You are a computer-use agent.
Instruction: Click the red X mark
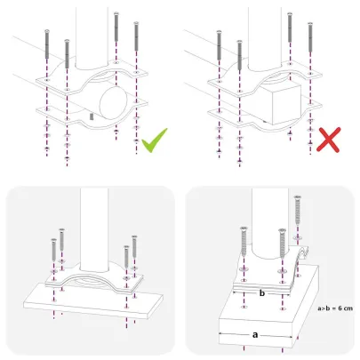(x=332, y=140)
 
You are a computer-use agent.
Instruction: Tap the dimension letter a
(x=256, y=333)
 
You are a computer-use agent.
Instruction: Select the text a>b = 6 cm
(x=334, y=309)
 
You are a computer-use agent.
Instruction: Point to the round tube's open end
(x=110, y=97)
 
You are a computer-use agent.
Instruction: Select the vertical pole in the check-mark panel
(x=90, y=36)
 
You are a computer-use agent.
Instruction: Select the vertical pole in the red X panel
(x=266, y=36)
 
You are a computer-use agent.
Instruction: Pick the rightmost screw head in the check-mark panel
(x=135, y=25)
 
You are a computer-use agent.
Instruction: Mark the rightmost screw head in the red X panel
(x=309, y=25)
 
